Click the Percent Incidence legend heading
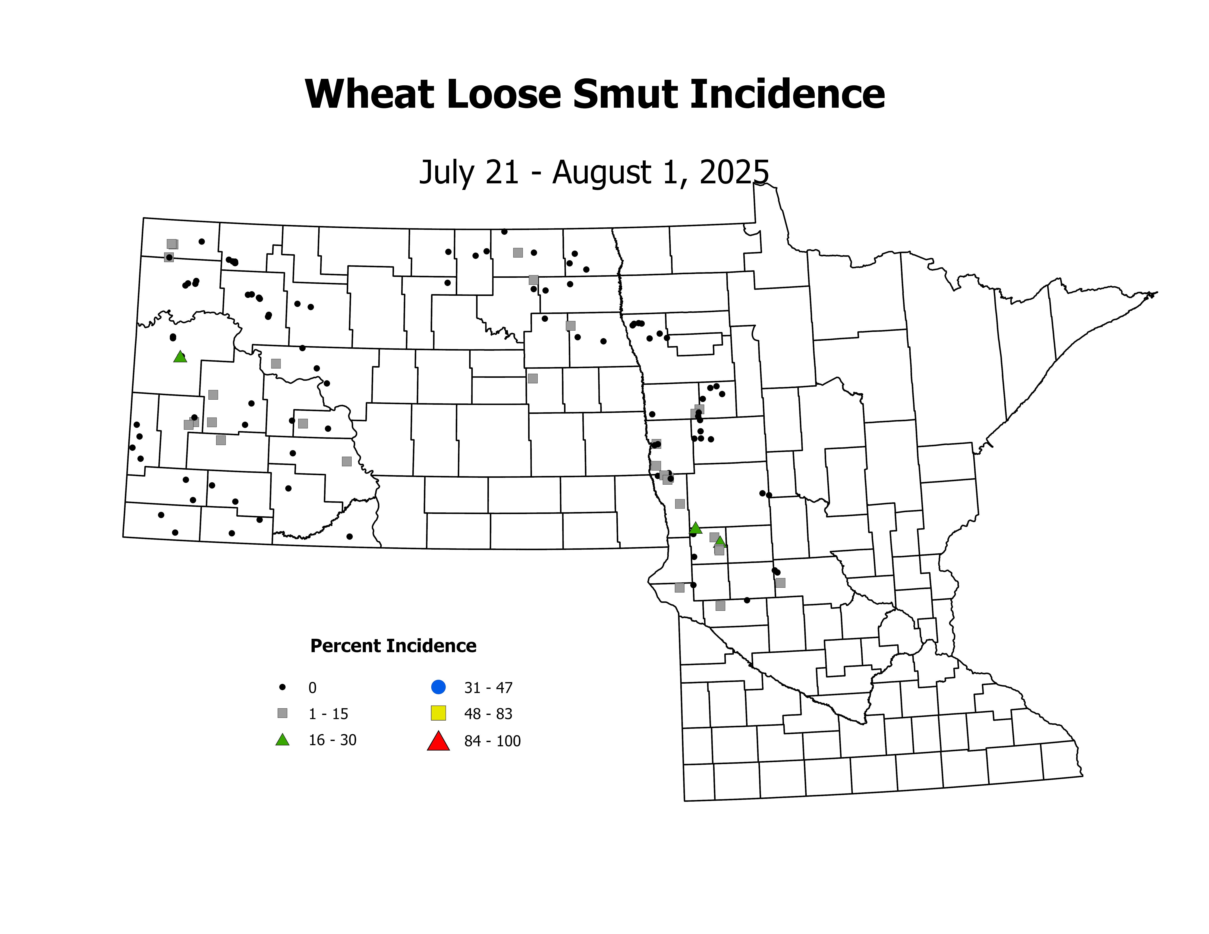(393, 646)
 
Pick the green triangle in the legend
(282, 740)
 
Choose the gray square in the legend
(282, 713)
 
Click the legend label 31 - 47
(488, 688)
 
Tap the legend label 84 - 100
(492, 742)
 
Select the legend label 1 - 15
(328, 714)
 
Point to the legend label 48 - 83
(488, 714)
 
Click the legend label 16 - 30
(332, 740)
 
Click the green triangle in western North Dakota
(180, 357)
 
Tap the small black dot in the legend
(282, 687)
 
